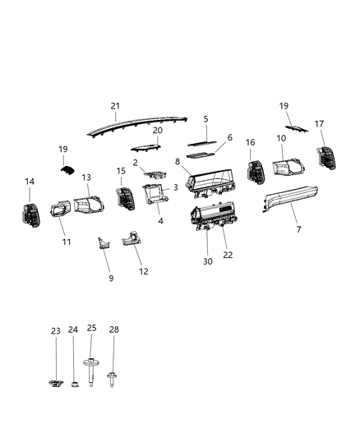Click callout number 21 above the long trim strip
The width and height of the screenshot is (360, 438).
pos(115,106)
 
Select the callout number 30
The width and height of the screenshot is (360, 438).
pos(207,261)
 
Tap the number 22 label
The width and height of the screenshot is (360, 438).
pos(228,255)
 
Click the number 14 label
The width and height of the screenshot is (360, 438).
pos(30,182)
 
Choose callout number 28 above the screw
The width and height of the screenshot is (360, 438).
pos(114,329)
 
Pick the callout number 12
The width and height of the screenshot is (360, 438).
pos(144,271)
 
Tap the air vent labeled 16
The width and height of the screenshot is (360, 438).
pos(254,171)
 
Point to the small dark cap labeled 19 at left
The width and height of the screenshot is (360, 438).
pos(67,169)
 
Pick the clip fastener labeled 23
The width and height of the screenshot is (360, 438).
pos(56,382)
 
